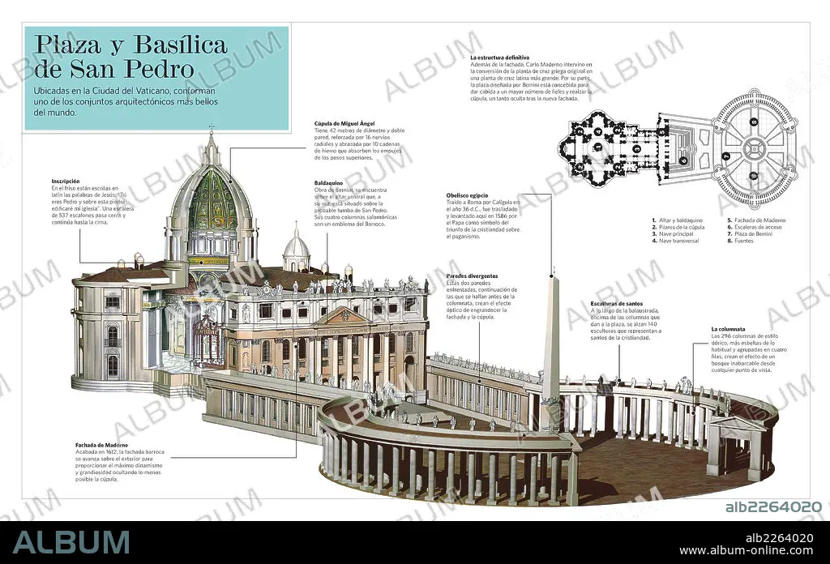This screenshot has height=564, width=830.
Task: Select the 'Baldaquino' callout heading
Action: point(330,183)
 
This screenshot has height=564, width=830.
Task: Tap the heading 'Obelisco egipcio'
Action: point(468,195)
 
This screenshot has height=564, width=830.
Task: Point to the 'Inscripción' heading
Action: point(65,181)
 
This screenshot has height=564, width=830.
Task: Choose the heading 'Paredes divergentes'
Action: point(473,276)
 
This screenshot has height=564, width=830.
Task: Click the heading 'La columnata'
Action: point(729,329)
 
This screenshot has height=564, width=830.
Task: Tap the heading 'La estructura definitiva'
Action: point(500,58)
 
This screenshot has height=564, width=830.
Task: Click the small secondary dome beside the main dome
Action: point(296,246)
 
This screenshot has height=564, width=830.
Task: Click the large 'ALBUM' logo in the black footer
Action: point(71,541)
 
